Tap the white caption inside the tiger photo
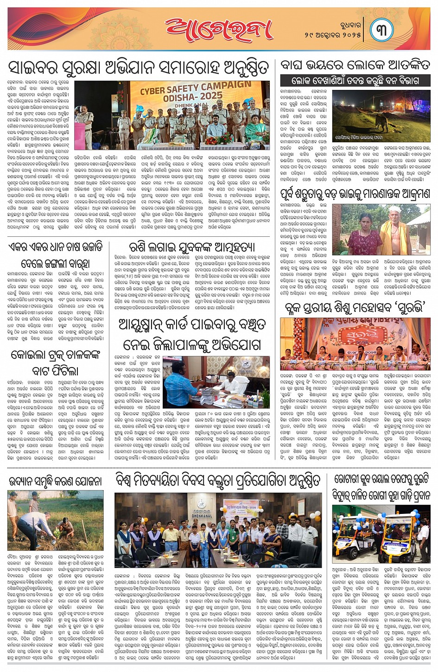coord(365,138)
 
